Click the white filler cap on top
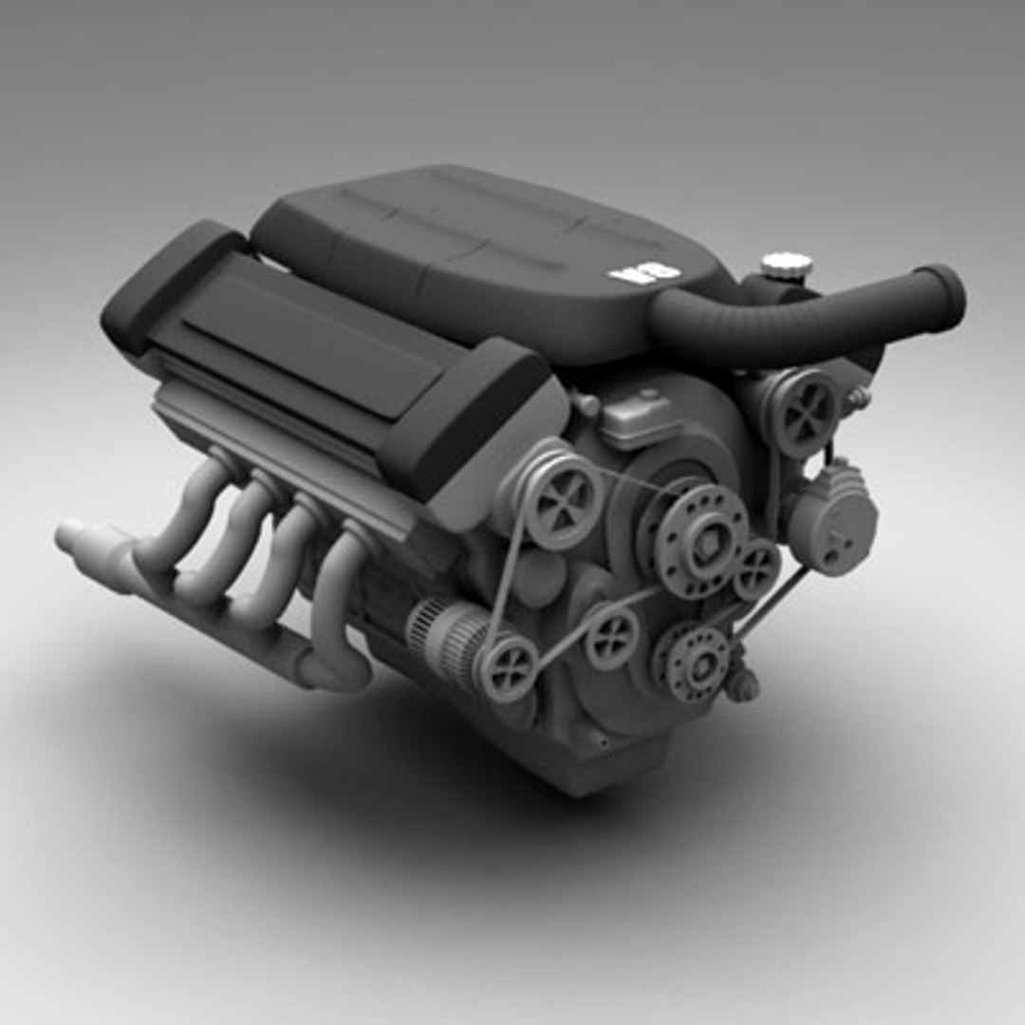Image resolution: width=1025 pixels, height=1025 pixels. pyautogui.click(x=786, y=265)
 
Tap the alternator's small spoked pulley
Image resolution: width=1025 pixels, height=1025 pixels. pyautogui.click(x=507, y=668)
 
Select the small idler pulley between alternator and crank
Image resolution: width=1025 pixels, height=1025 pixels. pyautogui.click(x=611, y=639)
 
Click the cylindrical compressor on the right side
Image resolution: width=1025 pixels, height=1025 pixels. pyautogui.click(x=832, y=518)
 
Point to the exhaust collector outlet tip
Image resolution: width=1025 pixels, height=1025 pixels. pyautogui.click(x=71, y=536)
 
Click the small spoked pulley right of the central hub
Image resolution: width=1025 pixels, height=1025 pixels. pyautogui.click(x=757, y=568)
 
